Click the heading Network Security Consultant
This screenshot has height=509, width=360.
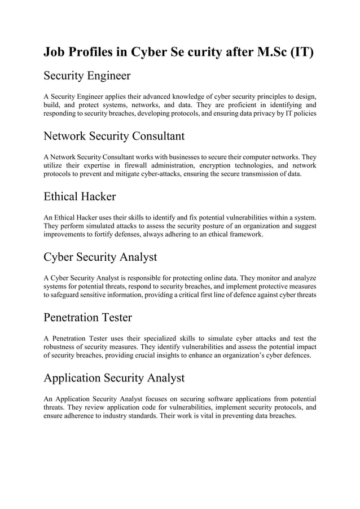(114, 136)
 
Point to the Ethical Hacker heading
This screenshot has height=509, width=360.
(80, 196)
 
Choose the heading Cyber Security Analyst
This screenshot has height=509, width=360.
(100, 257)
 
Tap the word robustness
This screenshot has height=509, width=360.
(63, 347)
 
